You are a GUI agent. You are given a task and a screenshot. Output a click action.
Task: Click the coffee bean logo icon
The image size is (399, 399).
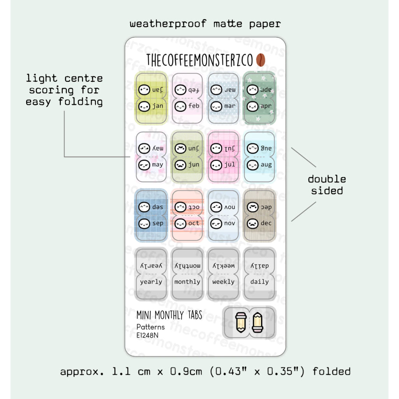261,60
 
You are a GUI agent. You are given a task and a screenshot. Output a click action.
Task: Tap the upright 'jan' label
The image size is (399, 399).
158,106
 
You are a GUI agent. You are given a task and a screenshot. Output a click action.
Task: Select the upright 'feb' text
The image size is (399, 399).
194,106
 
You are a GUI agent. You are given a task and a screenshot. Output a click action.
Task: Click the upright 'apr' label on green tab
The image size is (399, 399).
266,106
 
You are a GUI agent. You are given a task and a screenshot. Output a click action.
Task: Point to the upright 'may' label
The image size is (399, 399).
157,165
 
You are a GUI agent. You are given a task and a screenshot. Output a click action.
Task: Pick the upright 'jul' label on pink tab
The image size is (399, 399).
230,165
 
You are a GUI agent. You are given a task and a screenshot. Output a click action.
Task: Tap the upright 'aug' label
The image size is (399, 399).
266,165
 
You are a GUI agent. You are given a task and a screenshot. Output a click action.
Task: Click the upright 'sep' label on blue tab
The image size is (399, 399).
157,224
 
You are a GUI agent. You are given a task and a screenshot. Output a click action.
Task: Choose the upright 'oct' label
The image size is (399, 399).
194,224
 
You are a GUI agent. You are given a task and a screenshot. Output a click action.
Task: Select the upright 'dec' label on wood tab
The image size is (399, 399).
266,224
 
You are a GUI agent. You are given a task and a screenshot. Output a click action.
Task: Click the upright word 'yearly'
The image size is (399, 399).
151,282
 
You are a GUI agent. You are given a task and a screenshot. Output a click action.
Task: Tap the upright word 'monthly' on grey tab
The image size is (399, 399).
187,282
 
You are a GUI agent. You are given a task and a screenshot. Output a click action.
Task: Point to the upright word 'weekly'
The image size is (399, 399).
223,282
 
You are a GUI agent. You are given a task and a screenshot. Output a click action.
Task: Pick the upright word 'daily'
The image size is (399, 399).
260,282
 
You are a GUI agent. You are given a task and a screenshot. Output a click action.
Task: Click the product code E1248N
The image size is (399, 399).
147,335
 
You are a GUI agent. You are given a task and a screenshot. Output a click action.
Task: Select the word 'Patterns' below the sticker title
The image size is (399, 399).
150,327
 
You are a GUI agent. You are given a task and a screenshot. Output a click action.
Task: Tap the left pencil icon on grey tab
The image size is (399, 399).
241,322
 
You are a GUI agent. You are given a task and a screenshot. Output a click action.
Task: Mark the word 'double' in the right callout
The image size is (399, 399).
327,179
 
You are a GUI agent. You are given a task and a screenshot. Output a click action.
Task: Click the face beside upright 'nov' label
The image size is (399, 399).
216,224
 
